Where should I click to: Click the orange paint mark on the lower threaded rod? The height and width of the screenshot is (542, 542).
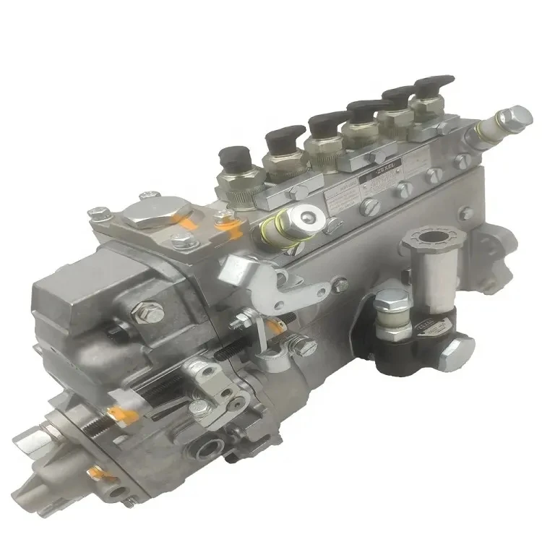pos(113,413)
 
